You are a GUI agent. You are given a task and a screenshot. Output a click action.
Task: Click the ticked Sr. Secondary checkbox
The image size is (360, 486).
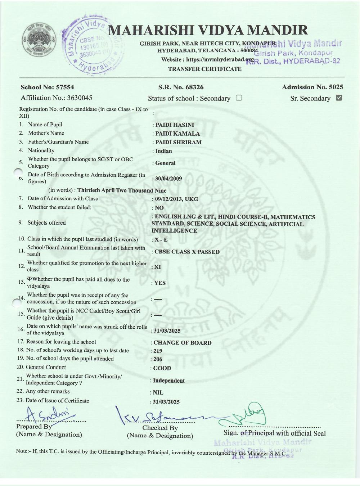point(339,98)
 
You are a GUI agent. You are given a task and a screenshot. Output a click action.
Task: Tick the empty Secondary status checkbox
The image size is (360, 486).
point(239,98)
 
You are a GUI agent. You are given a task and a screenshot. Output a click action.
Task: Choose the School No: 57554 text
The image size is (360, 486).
point(47,87)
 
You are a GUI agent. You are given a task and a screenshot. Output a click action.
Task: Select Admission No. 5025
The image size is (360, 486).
point(312,87)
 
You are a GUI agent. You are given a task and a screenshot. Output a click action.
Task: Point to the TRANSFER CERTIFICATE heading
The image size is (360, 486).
point(205,69)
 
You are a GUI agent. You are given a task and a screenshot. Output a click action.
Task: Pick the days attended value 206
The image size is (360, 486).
point(158,359)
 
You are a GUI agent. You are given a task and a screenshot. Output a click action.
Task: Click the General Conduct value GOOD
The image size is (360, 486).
point(162,368)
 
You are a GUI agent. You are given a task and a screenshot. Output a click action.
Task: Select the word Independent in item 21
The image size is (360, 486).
point(169,381)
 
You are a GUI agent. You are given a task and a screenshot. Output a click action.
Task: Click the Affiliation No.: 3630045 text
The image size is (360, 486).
point(57,98)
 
